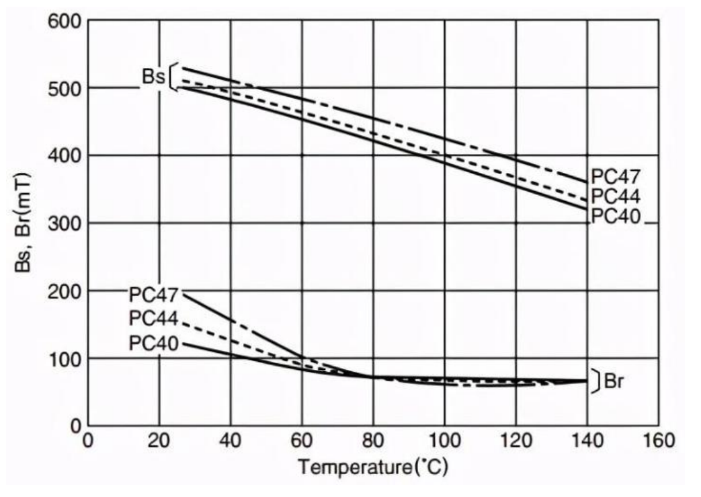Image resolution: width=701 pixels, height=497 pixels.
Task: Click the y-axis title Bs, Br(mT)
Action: pos(24,222)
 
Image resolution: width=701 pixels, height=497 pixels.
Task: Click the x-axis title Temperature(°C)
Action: pos(372,467)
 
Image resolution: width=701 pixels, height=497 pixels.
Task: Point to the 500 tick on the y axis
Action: pos(65,89)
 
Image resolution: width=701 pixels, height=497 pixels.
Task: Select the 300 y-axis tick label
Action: pos(65,223)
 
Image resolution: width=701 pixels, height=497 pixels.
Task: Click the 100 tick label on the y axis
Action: pos(65,358)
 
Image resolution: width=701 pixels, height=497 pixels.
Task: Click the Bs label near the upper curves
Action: pos(153,76)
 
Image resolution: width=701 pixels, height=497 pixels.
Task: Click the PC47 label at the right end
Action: pos(616,177)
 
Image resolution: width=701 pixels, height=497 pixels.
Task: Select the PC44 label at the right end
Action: pos(616,196)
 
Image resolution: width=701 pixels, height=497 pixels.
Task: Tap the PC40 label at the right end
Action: pos(616,217)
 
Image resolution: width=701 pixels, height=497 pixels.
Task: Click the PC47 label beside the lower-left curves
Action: pos(154,295)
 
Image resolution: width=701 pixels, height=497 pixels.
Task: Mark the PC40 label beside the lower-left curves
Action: pos(154,343)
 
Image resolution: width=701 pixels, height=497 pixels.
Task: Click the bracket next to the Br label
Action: pos(595,381)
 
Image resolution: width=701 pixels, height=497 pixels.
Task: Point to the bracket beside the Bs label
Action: pos(173,76)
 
